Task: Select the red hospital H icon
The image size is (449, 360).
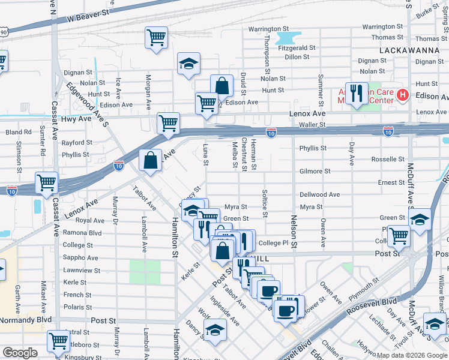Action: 403,95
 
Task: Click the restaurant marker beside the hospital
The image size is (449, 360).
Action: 357,93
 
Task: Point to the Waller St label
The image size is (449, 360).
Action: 312,125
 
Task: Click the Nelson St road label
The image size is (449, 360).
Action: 294,232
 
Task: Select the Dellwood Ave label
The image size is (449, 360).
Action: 320,194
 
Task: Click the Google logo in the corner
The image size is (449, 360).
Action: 20,353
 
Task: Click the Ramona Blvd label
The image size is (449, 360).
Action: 82,232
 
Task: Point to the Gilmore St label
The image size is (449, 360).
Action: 315,171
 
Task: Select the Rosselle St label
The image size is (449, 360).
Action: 387,159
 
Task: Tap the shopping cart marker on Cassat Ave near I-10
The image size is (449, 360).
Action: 46,182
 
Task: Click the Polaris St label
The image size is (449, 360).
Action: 77,306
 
